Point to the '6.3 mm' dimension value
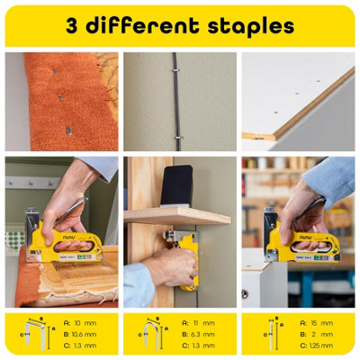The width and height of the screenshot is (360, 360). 202,333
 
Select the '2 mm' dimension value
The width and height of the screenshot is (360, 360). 320,333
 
